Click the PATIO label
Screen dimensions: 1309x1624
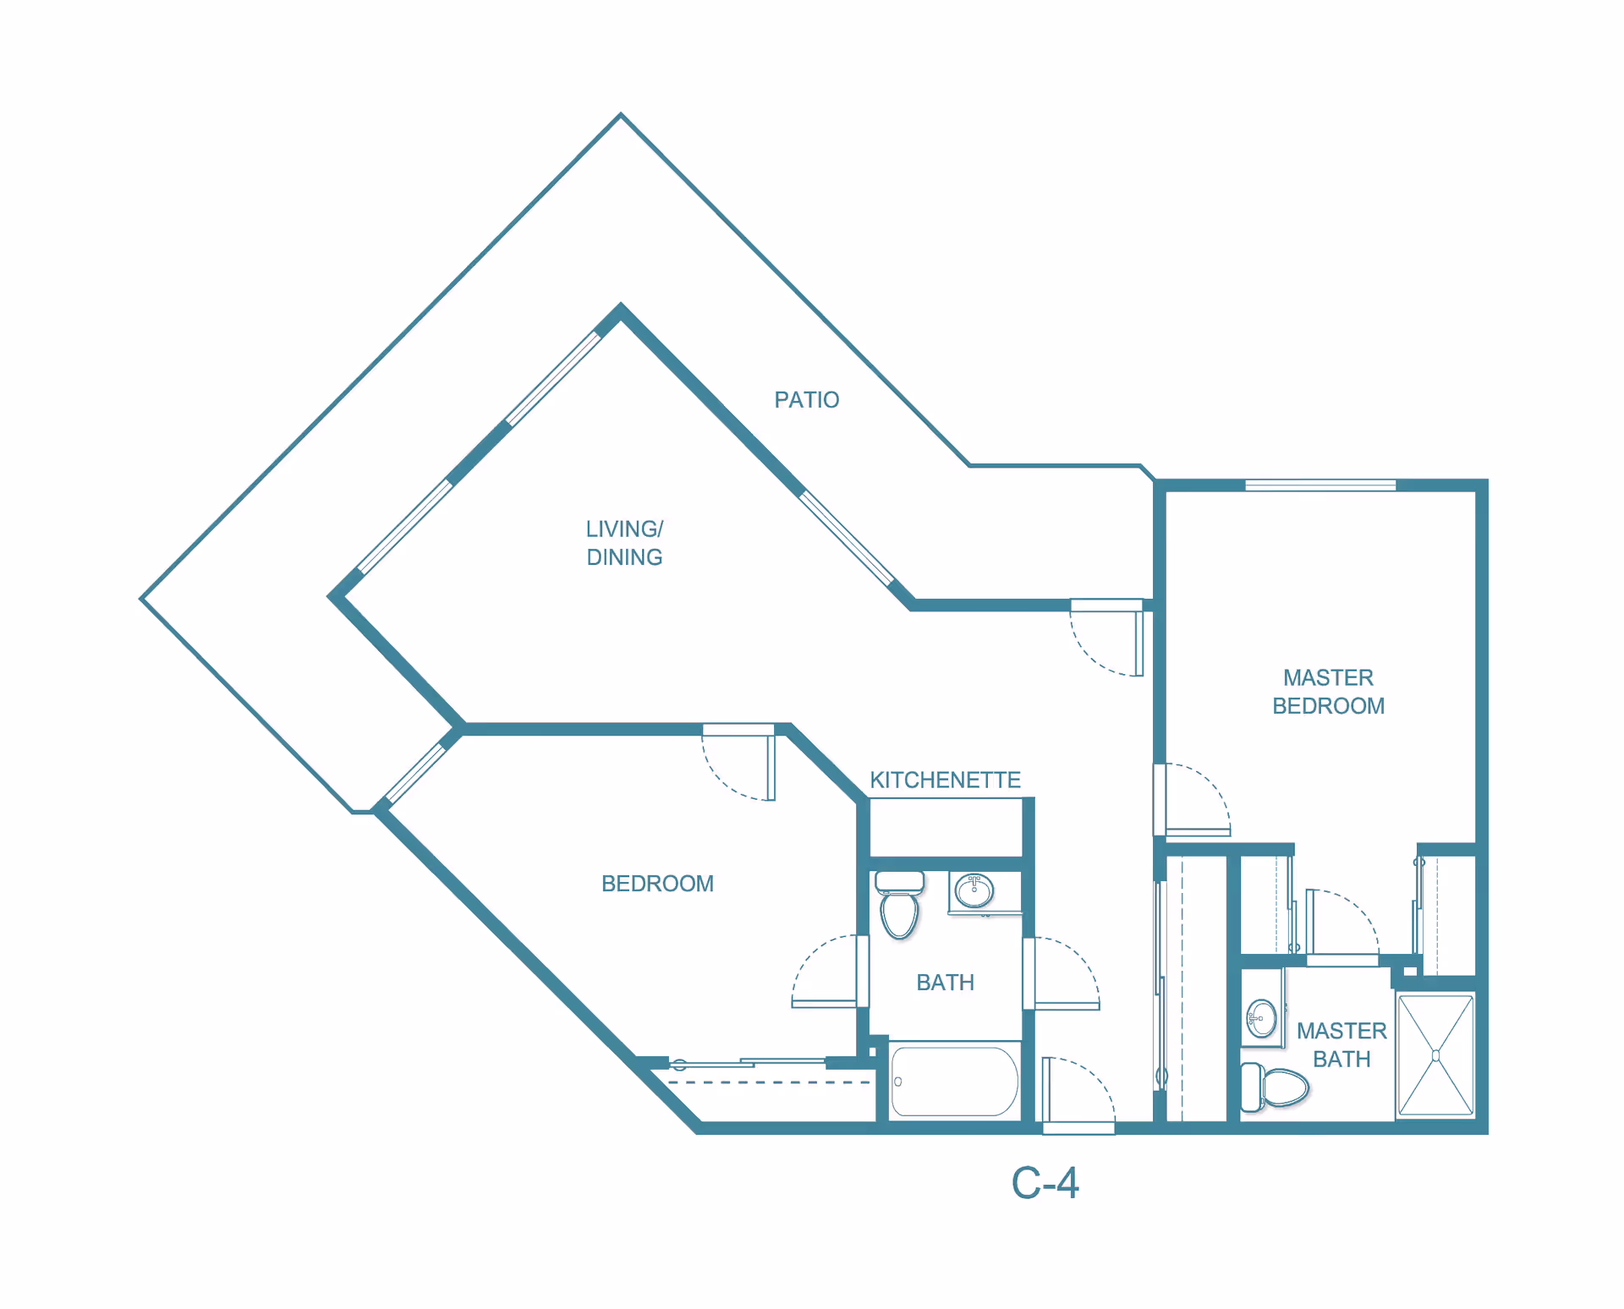click(806, 400)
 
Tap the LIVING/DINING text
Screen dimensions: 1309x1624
click(624, 543)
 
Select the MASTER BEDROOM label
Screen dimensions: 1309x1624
click(1328, 692)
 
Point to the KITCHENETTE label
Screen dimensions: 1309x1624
click(945, 780)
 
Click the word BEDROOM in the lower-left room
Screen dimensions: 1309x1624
click(657, 884)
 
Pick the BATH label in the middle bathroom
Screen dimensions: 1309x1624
click(945, 983)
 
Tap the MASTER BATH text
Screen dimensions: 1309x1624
click(1341, 1044)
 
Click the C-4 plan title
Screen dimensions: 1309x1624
click(1045, 1183)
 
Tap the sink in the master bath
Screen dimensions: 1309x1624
click(1261, 1019)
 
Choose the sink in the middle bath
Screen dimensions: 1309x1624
click(974, 890)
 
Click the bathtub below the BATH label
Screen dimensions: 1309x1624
click(954, 1082)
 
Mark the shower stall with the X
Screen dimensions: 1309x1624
click(1435, 1055)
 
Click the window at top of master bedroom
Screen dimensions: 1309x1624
click(1319, 485)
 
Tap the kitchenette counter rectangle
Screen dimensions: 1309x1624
click(946, 827)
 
